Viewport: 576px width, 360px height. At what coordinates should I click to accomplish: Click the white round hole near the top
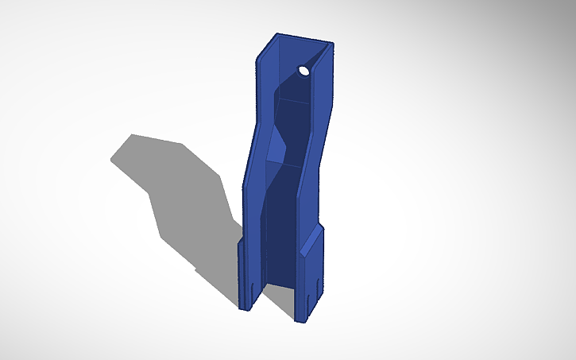304,71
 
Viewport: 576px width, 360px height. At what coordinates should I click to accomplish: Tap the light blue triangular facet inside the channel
274,147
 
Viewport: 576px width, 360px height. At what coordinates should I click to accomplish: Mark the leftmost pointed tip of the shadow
111,159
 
